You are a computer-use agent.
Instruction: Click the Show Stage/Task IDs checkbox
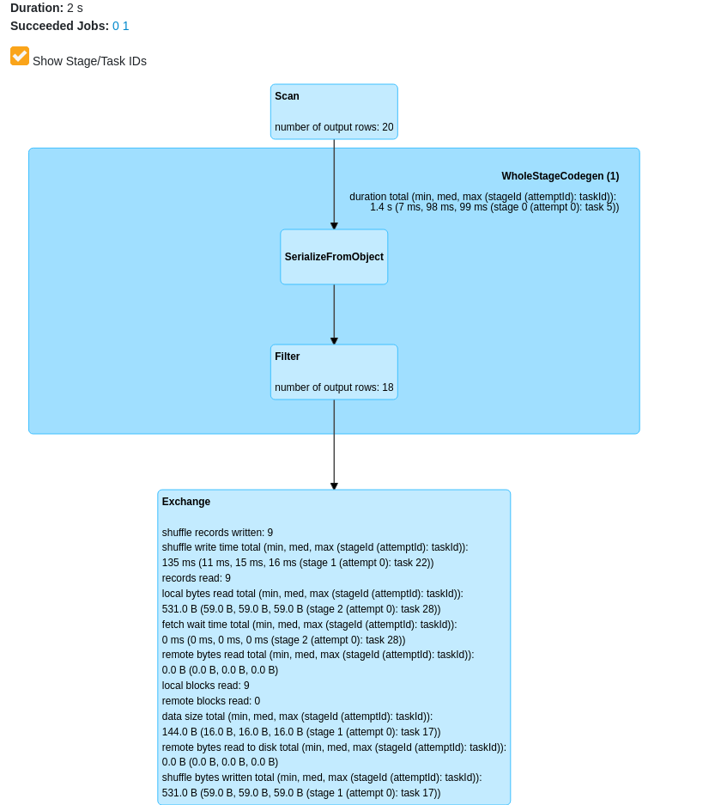(x=20, y=56)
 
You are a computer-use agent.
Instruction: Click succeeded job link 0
(x=116, y=26)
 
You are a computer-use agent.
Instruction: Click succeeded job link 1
(x=126, y=26)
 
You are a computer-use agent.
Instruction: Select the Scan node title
(x=287, y=96)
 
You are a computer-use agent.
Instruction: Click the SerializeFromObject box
(x=334, y=257)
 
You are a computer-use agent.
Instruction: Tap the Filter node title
(x=288, y=357)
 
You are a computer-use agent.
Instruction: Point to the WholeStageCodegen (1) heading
(x=560, y=176)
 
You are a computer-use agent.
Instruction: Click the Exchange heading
(x=186, y=502)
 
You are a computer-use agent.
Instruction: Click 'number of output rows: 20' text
(x=334, y=127)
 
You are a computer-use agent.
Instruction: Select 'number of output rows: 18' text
(x=334, y=387)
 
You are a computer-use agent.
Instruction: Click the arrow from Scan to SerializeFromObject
(x=334, y=185)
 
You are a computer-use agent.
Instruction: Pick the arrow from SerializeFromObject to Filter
(x=334, y=314)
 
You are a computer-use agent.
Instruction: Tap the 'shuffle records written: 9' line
(x=217, y=533)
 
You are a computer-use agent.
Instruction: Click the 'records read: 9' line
(x=197, y=578)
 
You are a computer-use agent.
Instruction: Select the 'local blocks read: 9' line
(x=206, y=686)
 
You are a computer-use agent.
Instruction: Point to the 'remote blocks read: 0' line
(x=211, y=701)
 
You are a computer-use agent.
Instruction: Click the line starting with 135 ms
(x=298, y=563)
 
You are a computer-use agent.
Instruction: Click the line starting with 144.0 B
(x=301, y=732)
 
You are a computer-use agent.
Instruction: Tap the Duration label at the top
(x=37, y=8)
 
